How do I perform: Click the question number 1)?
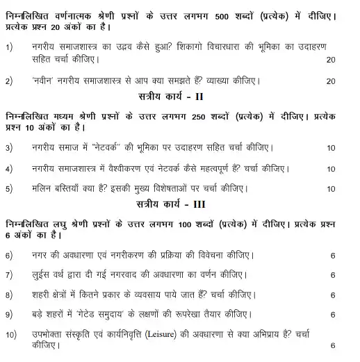pos(9,47)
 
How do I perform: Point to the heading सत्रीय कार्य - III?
pos(179,206)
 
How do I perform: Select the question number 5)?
pos(9,188)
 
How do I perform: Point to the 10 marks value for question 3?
pos(330,148)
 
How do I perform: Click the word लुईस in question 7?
pos(42,275)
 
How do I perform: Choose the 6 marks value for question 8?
pos(334,295)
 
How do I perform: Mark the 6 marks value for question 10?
pos(334,345)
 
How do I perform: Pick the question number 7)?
pos(9,275)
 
